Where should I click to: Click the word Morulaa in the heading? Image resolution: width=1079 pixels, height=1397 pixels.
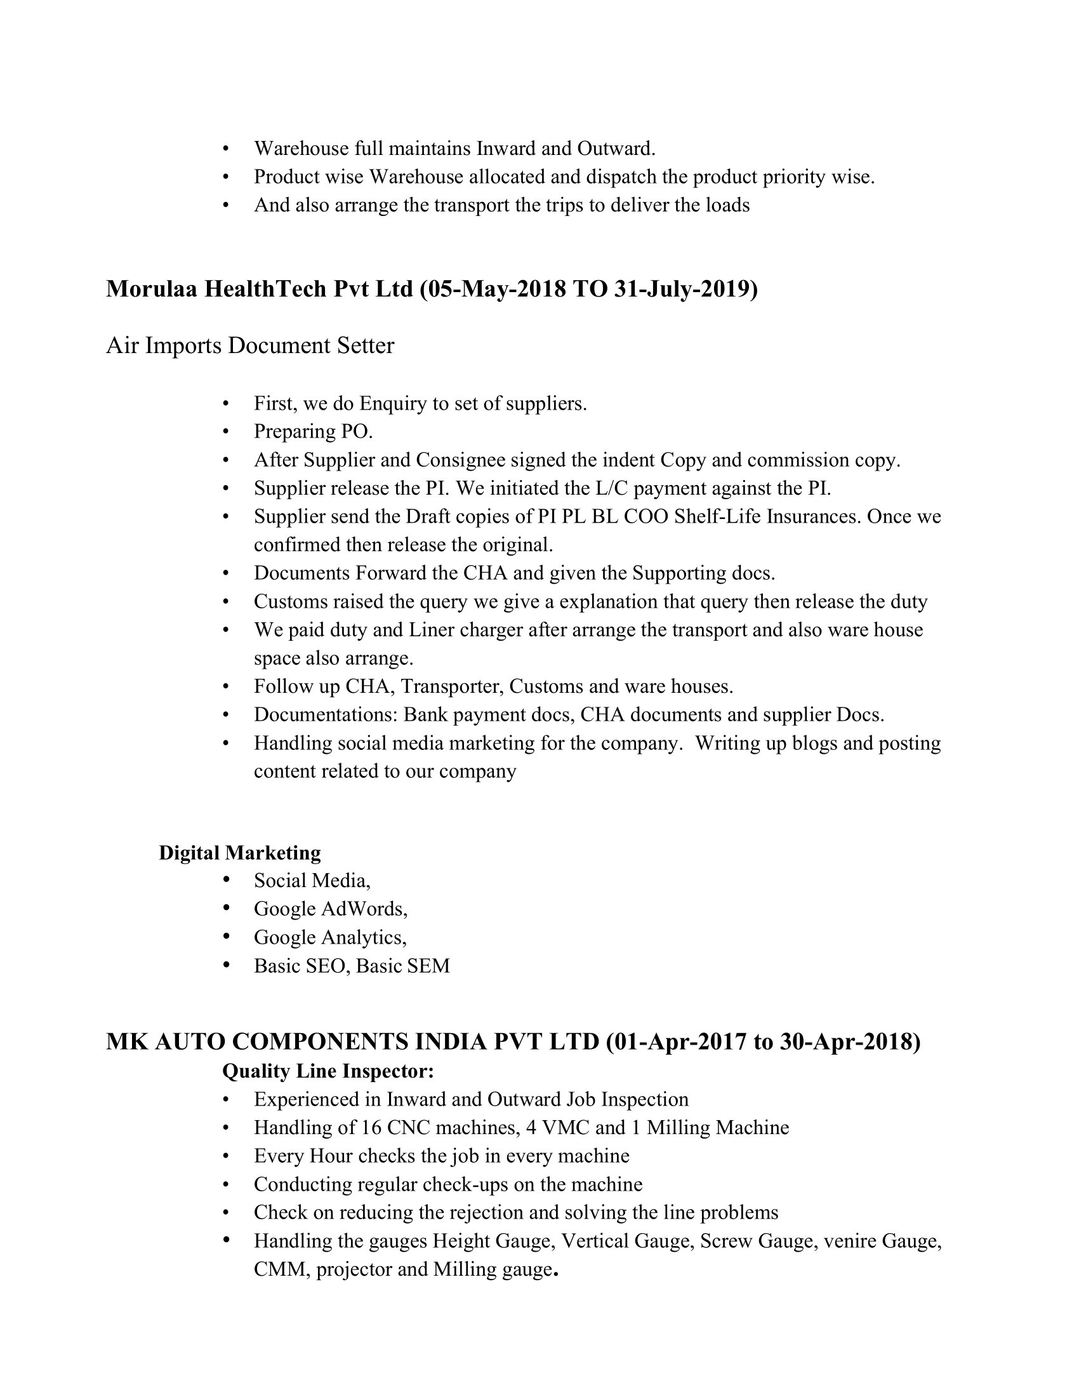tap(152, 289)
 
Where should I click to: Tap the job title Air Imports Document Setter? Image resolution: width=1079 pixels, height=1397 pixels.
tap(250, 345)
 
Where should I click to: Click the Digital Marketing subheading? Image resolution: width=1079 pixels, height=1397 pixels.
tap(240, 853)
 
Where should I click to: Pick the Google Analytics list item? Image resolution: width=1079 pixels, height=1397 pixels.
tap(330, 937)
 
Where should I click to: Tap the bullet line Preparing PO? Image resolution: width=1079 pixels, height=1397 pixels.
tap(313, 432)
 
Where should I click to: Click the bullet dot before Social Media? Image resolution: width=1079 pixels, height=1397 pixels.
tap(227, 881)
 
